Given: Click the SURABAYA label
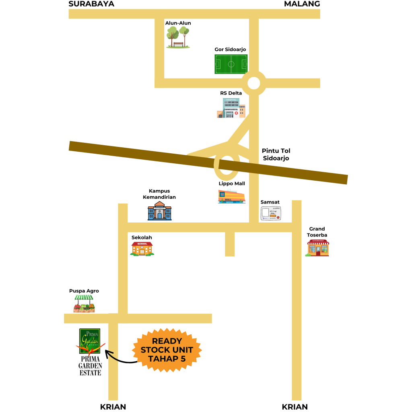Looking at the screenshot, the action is click(91, 4).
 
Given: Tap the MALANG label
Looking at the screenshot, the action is click(302, 4).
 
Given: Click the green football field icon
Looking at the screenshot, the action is click(231, 64).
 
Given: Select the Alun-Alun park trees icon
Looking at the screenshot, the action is click(178, 37).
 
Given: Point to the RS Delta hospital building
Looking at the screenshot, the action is click(231, 108).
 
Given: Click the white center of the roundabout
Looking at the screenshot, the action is click(253, 83).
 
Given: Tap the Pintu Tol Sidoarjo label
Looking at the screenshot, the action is click(276, 154).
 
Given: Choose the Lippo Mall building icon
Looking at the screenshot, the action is click(231, 196).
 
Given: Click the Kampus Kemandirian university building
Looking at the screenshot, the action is click(159, 211).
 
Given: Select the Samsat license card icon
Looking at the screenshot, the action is click(271, 213).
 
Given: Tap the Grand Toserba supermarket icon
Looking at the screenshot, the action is click(317, 248).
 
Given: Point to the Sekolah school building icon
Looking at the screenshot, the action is click(142, 249).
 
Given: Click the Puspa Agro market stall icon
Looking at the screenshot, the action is click(84, 304).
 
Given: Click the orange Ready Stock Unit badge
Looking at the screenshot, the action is click(167, 350).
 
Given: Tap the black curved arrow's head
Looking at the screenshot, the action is click(108, 353).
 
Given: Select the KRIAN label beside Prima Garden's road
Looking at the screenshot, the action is click(113, 407).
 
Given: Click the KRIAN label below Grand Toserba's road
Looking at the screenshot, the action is click(295, 407).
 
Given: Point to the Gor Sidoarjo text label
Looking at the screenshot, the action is click(230, 49).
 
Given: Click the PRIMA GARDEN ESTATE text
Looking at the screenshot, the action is click(90, 366).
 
